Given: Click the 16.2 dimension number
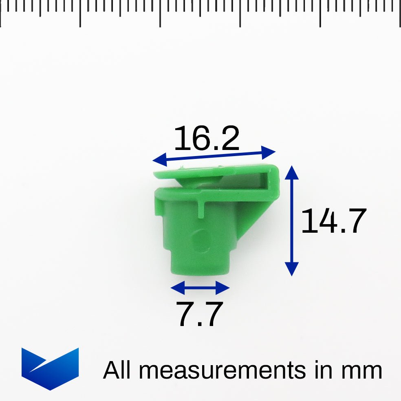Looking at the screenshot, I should pyautogui.click(x=207, y=139).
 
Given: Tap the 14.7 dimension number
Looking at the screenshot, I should pyautogui.click(x=333, y=221).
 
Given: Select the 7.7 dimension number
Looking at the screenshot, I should pyautogui.click(x=200, y=314).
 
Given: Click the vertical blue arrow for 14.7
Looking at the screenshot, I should pyautogui.click(x=292, y=220).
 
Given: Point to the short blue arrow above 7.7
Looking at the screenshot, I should pyautogui.click(x=200, y=288).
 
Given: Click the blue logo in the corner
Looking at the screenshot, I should pyautogui.click(x=50, y=368).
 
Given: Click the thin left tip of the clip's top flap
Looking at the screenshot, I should pyautogui.click(x=157, y=175).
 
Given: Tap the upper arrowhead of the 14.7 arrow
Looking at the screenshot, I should pyautogui.click(x=292, y=171).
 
